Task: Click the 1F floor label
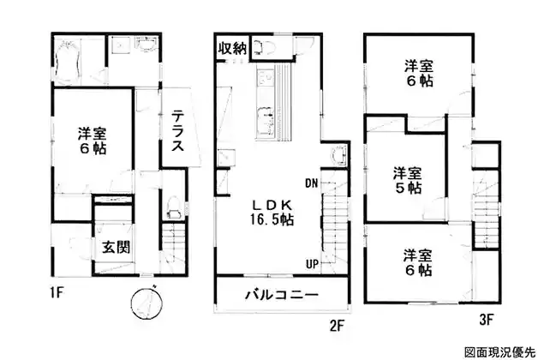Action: [x=57, y=293]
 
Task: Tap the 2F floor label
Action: [x=337, y=325]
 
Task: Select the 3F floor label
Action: [x=487, y=321]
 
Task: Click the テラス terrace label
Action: [x=177, y=131]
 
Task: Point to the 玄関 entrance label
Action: [x=117, y=247]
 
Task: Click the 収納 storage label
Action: [x=233, y=48]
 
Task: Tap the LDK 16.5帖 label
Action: [x=272, y=213]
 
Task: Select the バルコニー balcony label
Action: [x=282, y=295]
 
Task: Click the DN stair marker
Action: [x=312, y=183]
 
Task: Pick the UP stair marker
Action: [x=312, y=264]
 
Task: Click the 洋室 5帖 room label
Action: [x=408, y=180]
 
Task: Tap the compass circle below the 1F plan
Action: [x=147, y=303]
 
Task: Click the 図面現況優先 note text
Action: [x=500, y=352]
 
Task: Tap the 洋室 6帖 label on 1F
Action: [x=92, y=141]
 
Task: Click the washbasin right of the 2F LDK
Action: [x=340, y=155]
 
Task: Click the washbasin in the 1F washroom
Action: [x=147, y=44]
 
